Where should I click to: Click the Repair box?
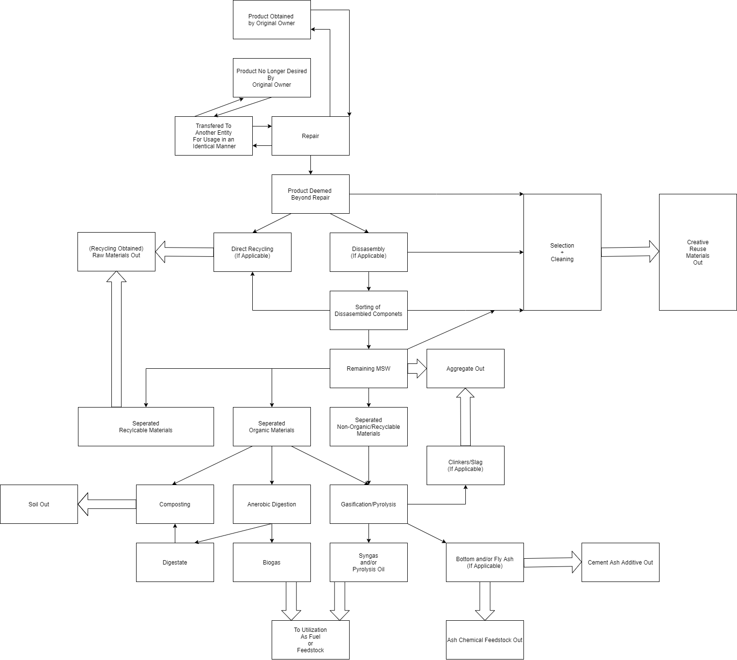click(310, 136)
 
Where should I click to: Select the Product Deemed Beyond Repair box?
click(310, 194)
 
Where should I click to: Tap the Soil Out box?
click(39, 504)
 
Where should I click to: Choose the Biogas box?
click(272, 562)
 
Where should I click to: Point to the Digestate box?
click(175, 562)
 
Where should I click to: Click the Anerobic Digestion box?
click(272, 504)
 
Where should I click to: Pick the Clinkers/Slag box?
click(465, 465)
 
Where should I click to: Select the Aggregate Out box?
click(465, 368)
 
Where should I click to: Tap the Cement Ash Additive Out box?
click(620, 562)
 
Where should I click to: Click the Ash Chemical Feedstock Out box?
click(485, 640)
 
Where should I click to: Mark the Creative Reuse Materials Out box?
click(698, 252)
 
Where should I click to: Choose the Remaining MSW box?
click(368, 368)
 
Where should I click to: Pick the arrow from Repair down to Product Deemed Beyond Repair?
click(310, 165)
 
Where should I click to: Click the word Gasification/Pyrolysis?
click(368, 504)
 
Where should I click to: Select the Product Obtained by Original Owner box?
click(272, 19)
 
